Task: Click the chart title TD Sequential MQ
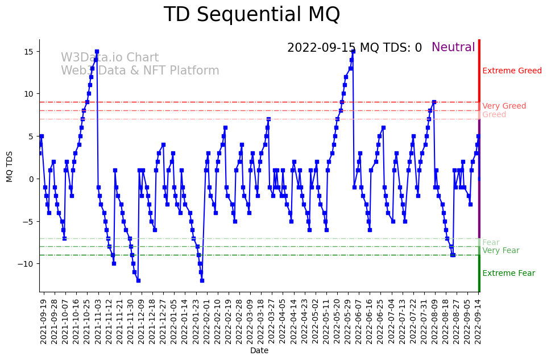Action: [x=251, y=15]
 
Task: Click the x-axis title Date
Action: [x=259, y=351]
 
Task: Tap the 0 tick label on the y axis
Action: [x=32, y=179]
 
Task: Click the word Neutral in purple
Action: [x=453, y=48]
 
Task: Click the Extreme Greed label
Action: [x=512, y=71]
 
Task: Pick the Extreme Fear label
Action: [x=508, y=274]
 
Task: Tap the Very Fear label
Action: [x=500, y=251]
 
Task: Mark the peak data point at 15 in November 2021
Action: [x=97, y=52]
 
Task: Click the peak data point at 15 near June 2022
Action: [x=353, y=52]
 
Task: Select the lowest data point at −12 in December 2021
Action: [x=138, y=280]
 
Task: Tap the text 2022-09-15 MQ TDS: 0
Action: [x=354, y=48]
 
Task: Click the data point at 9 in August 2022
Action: [x=434, y=102]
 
